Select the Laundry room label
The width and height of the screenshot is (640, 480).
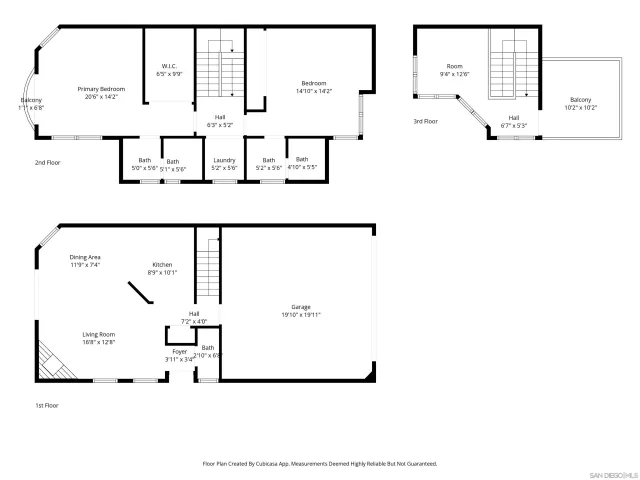point(223,164)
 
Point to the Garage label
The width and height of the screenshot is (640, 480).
point(300,311)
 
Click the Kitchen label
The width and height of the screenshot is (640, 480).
point(162,268)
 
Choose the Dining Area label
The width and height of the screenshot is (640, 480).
point(84,261)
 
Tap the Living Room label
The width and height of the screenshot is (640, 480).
point(98,338)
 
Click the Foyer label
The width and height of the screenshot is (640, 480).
point(179,355)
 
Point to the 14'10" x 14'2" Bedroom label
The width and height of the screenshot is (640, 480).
point(313,87)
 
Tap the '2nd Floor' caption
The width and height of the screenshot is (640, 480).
point(48,161)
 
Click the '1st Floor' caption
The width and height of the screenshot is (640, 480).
point(48,406)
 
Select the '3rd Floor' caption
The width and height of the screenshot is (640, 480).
point(426,121)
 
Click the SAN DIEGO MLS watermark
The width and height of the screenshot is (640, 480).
point(611,473)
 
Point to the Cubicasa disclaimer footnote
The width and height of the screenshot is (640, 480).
point(320,464)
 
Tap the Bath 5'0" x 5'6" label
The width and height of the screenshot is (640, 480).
point(145,163)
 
